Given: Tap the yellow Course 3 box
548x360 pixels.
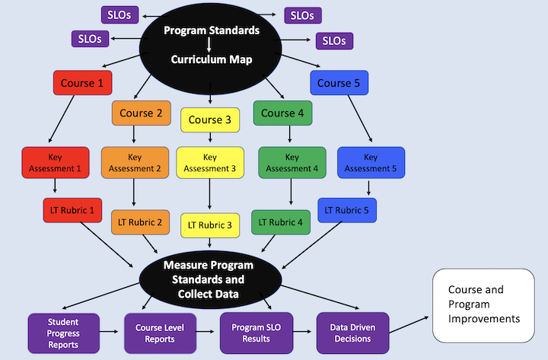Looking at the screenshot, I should (209, 119).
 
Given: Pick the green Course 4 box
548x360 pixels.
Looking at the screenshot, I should (283, 113).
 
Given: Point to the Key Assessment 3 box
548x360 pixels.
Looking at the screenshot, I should (209, 162).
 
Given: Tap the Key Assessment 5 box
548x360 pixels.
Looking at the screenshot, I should (371, 162).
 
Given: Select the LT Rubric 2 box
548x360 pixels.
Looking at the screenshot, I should (139, 222).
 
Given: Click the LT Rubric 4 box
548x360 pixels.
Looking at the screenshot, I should (281, 222).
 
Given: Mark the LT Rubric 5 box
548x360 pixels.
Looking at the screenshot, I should (347, 210).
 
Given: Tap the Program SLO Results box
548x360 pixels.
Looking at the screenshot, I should (251, 333).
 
